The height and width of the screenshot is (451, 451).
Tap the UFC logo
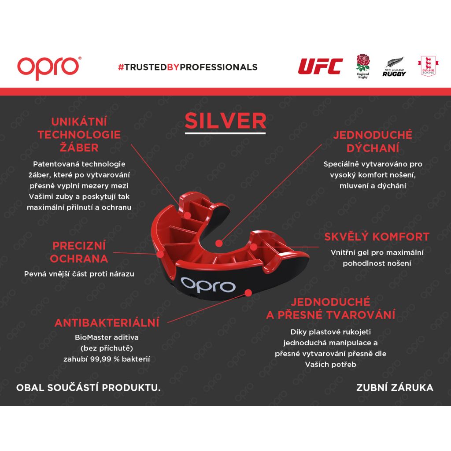321,66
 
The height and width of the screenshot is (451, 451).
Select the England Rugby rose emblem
363,66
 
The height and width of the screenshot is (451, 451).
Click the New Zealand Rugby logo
394,67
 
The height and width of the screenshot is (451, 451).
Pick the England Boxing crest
428,66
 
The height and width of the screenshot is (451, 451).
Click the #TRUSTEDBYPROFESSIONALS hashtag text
188,67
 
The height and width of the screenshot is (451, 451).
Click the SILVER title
225,121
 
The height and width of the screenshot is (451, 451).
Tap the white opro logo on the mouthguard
208,285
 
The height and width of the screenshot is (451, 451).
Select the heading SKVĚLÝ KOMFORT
377,237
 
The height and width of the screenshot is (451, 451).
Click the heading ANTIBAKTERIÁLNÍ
107,323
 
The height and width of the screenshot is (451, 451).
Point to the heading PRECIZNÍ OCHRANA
79,252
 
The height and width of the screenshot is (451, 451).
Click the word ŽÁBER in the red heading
79,148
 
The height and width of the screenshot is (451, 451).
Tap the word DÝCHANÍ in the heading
373,148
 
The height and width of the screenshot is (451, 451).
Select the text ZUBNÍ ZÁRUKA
395,388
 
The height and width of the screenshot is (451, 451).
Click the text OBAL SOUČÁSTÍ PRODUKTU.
88,388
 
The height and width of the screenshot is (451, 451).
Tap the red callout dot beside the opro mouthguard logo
248,292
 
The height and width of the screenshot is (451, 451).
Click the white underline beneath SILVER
225,133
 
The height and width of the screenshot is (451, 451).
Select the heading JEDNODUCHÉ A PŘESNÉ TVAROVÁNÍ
330,308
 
